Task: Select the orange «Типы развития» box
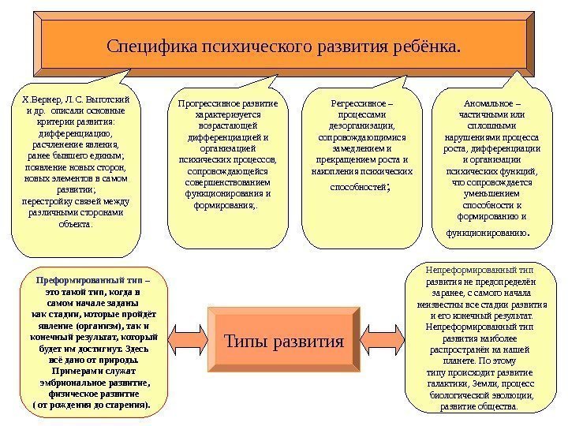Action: (x=285, y=342)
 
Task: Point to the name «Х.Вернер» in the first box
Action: (x=39, y=101)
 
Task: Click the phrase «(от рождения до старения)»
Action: (x=92, y=404)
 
